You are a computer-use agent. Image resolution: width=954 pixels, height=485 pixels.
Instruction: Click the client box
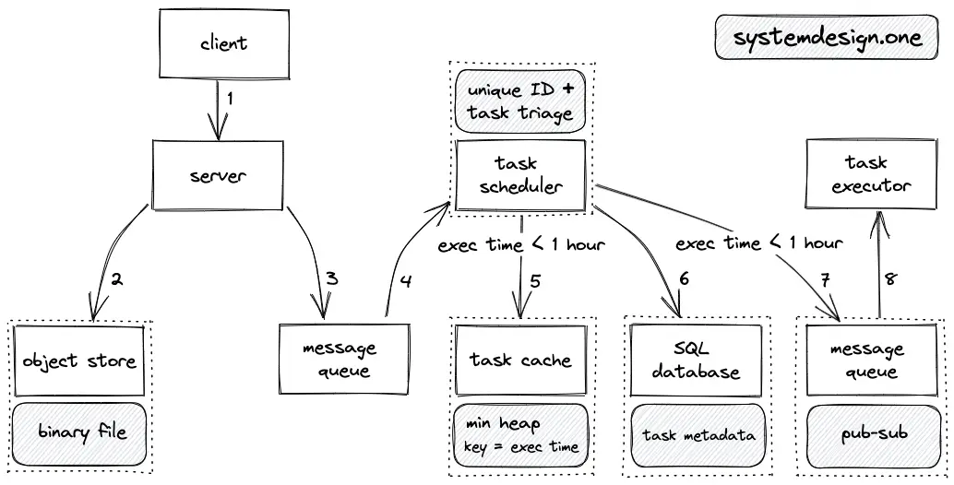pyautogui.click(x=224, y=43)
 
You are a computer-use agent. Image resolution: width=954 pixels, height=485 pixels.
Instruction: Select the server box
pyautogui.click(x=218, y=175)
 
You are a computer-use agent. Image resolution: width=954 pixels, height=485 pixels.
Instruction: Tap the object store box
pyautogui.click(x=79, y=361)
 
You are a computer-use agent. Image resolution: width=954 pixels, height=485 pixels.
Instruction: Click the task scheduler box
pyautogui.click(x=519, y=175)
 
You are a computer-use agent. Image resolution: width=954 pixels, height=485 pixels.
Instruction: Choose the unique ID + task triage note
pyautogui.click(x=519, y=101)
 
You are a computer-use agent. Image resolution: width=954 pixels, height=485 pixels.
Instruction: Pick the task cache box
pyautogui.click(x=520, y=360)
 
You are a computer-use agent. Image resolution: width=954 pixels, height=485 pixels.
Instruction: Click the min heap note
pyautogui.click(x=520, y=435)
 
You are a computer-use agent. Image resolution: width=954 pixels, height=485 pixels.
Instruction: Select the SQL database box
pyautogui.click(x=696, y=360)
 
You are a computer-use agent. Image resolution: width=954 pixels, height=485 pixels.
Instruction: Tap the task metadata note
pyautogui.click(x=697, y=435)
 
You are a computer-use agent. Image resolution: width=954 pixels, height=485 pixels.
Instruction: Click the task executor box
pyautogui.click(x=871, y=174)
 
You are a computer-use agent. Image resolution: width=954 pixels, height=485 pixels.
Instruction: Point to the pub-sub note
pyautogui.click(x=874, y=434)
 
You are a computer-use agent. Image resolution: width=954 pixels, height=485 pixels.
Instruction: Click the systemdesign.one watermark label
pyautogui.click(x=827, y=37)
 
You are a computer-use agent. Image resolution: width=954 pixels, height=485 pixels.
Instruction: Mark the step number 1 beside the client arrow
pyautogui.click(x=230, y=98)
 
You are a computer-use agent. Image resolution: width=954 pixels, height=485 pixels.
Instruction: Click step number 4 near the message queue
pyautogui.click(x=406, y=281)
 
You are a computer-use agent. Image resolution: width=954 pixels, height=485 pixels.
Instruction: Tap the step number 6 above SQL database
pyautogui.click(x=684, y=278)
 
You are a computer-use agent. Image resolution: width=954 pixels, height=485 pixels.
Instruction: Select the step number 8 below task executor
pyautogui.click(x=890, y=279)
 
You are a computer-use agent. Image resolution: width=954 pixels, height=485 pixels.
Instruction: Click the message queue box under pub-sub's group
pyautogui.click(x=871, y=360)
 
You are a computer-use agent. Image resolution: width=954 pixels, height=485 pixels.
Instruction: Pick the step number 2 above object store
pyautogui.click(x=116, y=279)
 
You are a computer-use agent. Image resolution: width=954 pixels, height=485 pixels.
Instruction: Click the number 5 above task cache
pyautogui.click(x=535, y=281)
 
